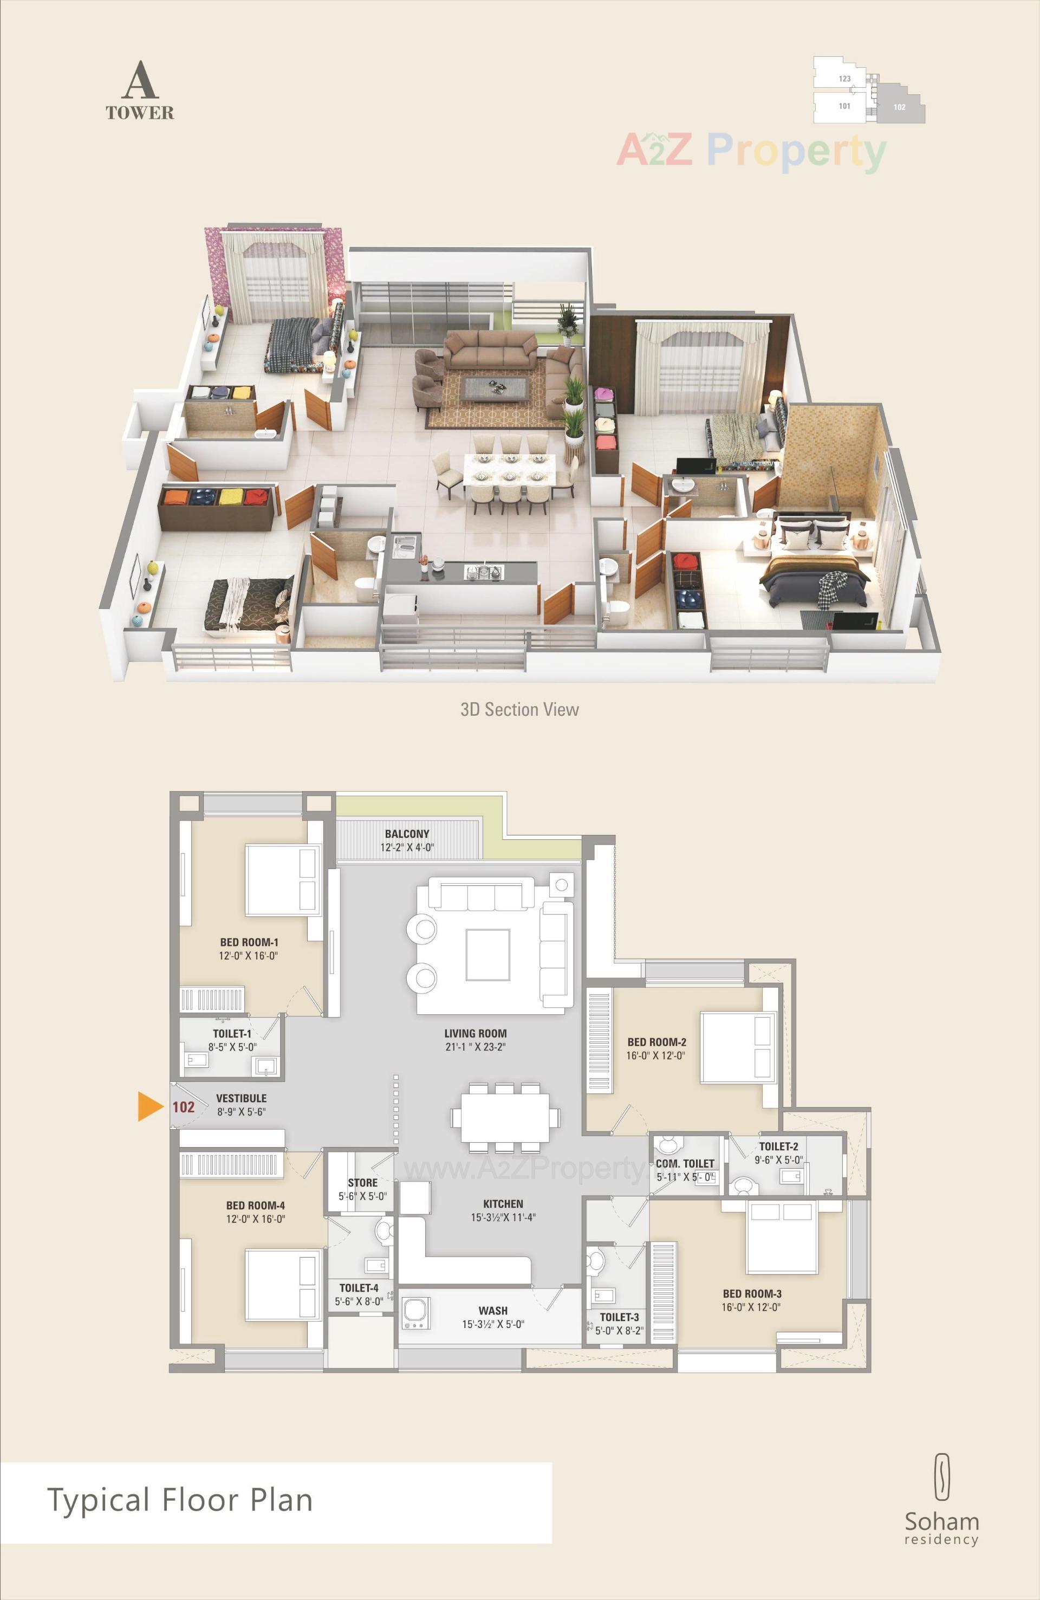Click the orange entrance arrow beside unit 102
tap(149, 1106)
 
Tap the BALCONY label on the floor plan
tap(407, 834)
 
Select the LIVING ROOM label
tap(475, 1033)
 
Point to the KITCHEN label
tap(503, 1203)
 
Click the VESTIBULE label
tap(242, 1098)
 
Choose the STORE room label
tap(362, 1182)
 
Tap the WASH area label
tap(493, 1310)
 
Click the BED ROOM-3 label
tap(752, 1293)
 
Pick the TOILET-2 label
tap(778, 1146)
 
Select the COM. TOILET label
tap(684, 1163)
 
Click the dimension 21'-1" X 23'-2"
tap(475, 1047)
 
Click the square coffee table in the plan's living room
tap(487, 955)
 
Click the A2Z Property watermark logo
tap(751, 151)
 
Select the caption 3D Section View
tap(519, 709)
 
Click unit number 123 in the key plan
tap(844, 79)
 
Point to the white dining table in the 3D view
tap(509, 467)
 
